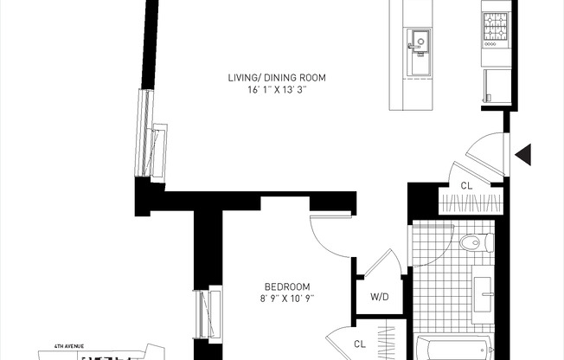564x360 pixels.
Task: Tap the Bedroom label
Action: pyautogui.click(x=287, y=286)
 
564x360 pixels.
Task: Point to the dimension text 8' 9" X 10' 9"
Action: pyautogui.click(x=287, y=299)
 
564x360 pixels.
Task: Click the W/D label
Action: pyautogui.click(x=379, y=298)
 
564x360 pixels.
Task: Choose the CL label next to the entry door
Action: pyautogui.click(x=466, y=184)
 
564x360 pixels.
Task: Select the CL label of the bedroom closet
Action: pyautogui.click(x=360, y=344)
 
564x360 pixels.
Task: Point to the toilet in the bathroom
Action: pyautogui.click(x=474, y=243)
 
